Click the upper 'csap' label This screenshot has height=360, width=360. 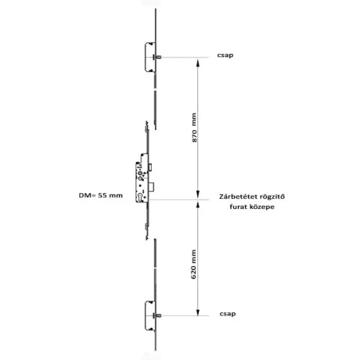click(225, 55)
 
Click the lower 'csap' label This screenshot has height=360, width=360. click(228, 314)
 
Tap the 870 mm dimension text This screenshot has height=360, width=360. click(194, 127)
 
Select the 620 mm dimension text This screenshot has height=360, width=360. click(194, 264)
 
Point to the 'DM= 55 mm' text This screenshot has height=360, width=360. click(101, 195)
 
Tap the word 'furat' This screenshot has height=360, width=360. click(237, 207)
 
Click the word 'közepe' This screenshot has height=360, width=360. click(261, 207)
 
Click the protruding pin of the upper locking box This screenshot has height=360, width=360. click(158, 57)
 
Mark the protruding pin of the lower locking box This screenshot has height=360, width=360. click(158, 315)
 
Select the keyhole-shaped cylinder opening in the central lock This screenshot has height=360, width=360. click(140, 197)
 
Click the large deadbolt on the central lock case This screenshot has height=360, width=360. click(152, 186)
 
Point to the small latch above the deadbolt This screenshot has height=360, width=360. click(150, 167)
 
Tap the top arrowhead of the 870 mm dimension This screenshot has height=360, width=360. click(198, 62)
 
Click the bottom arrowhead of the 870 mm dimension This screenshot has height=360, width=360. click(198, 194)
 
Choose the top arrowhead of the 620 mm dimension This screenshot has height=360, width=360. click(198, 204)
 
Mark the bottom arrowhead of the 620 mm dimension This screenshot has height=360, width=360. click(198, 312)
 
